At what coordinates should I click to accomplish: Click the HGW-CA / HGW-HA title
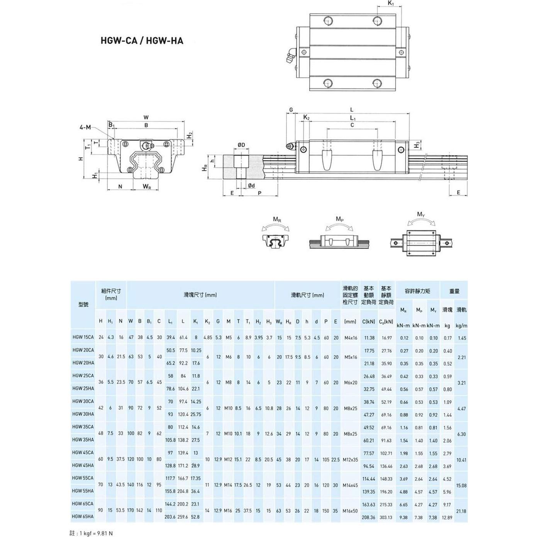point(142,41)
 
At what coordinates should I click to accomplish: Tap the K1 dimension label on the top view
point(391,3)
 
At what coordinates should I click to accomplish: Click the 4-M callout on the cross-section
point(85,127)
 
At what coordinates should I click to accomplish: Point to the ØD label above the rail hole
point(241,145)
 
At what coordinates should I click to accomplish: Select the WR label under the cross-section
point(147,186)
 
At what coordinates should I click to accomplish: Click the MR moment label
point(277,219)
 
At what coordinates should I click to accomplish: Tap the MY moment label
point(421,215)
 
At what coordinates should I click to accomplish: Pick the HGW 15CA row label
point(83,337)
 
